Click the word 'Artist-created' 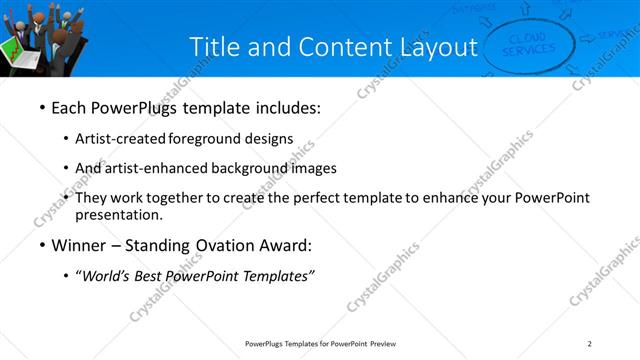(121, 139)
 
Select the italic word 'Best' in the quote (149, 277)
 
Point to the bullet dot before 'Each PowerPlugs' (41, 107)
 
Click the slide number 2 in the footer (590, 344)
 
